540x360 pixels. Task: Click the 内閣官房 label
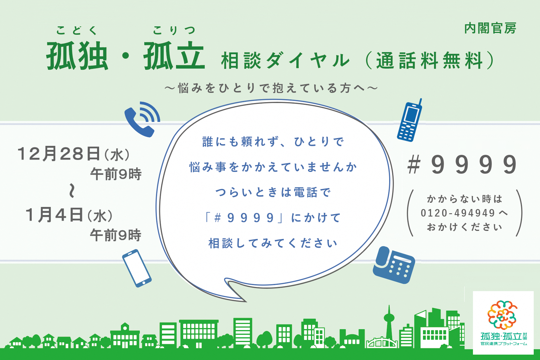tap(490, 29)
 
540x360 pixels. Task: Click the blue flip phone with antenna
tap(409, 120)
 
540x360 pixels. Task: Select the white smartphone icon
tap(137, 268)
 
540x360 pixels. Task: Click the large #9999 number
tap(462, 165)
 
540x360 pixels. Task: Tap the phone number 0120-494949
tap(458, 213)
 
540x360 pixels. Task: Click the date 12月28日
tap(59, 154)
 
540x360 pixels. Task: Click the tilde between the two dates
tap(72, 191)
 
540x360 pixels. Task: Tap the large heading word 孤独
tap(77, 56)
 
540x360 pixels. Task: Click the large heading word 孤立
tap(174, 56)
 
